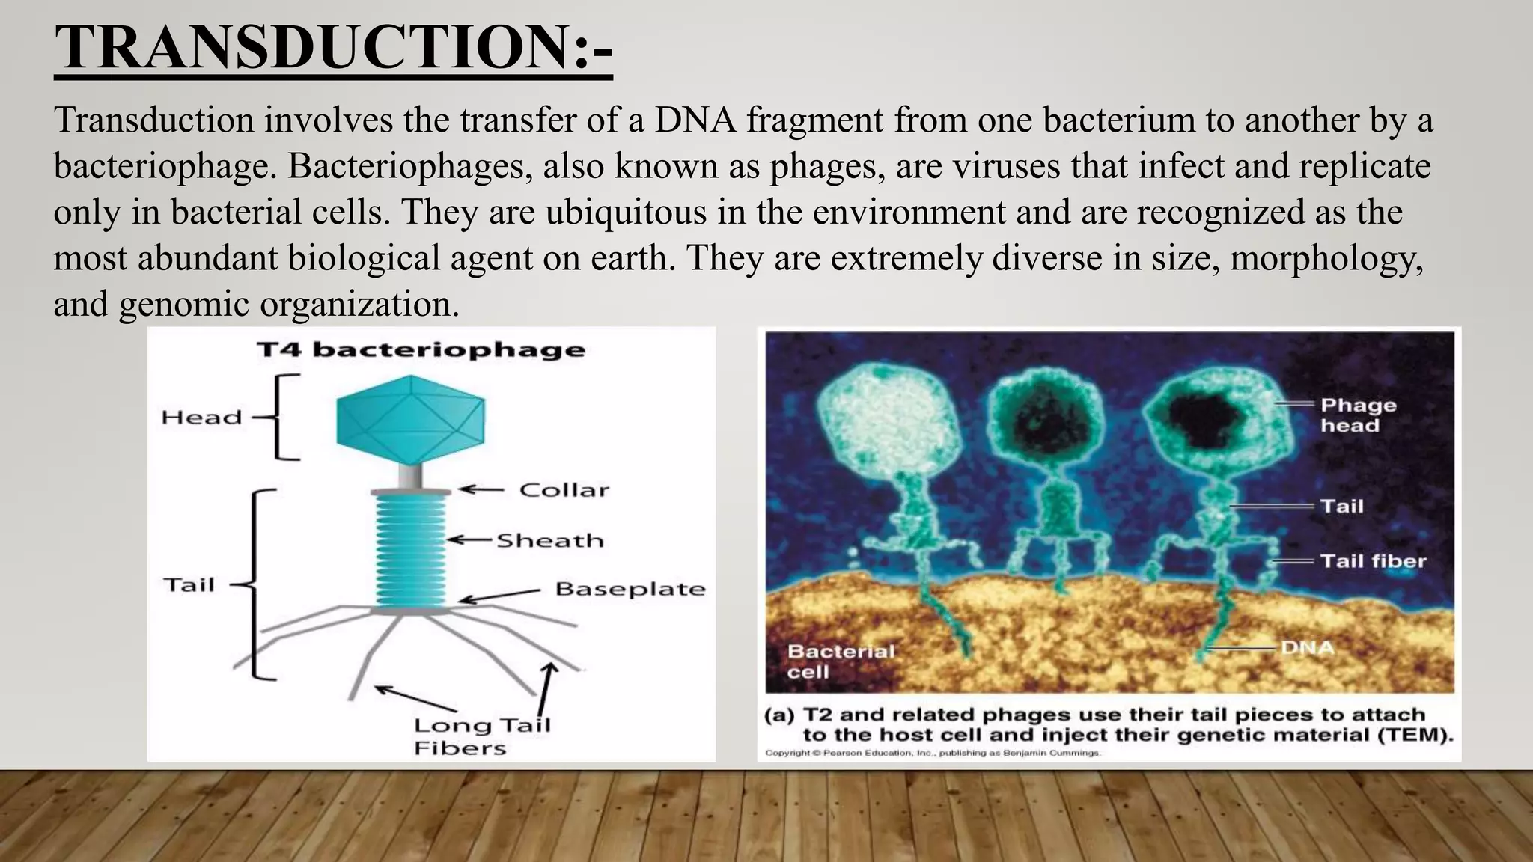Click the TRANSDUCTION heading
tap(333, 47)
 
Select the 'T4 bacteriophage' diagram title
tap(421, 350)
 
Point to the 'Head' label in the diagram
tap(201, 418)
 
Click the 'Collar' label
tap(564, 490)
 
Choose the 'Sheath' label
tap(550, 540)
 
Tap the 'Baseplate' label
tap(630, 589)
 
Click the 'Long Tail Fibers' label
tap(482, 736)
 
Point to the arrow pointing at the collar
tap(481, 490)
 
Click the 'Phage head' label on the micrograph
tap(1358, 415)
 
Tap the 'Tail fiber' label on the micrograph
tap(1373, 561)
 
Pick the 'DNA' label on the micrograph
tap(1307, 647)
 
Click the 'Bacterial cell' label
tap(840, 661)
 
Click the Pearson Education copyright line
tap(933, 753)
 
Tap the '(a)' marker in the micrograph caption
tap(778, 715)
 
